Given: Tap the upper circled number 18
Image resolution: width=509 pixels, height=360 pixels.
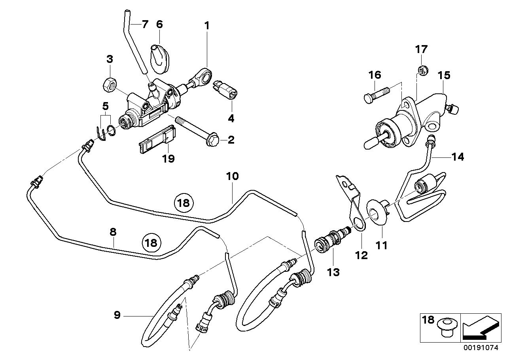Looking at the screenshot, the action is pyautogui.click(x=184, y=203).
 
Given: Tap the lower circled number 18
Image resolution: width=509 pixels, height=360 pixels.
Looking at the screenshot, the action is pyautogui.click(x=151, y=243).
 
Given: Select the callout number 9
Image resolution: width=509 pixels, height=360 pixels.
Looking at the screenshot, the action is pyautogui.click(x=117, y=315).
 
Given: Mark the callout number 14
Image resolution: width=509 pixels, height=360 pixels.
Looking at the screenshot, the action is pyautogui.click(x=458, y=157).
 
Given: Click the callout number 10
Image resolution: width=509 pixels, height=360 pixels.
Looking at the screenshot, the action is pyautogui.click(x=233, y=176).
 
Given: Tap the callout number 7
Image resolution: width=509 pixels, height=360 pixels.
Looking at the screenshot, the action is pyautogui.click(x=145, y=24).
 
